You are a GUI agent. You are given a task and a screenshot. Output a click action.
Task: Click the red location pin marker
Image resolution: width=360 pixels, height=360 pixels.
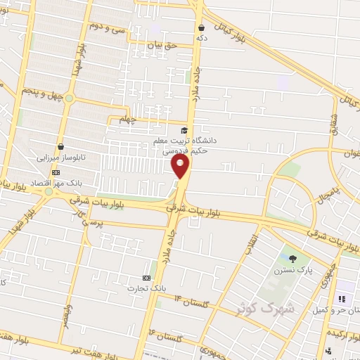[181, 167]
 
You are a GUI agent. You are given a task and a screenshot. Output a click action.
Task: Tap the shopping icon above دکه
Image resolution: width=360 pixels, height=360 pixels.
[201, 28]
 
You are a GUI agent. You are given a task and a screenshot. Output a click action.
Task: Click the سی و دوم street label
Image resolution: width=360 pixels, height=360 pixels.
[104, 27]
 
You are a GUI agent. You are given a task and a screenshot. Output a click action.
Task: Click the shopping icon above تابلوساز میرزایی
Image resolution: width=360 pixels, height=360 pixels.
[61, 147]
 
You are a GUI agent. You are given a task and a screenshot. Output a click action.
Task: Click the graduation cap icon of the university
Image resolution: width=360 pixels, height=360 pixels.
[184, 130]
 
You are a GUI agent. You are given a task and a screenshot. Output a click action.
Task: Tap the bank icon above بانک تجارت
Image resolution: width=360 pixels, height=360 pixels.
[146, 277]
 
